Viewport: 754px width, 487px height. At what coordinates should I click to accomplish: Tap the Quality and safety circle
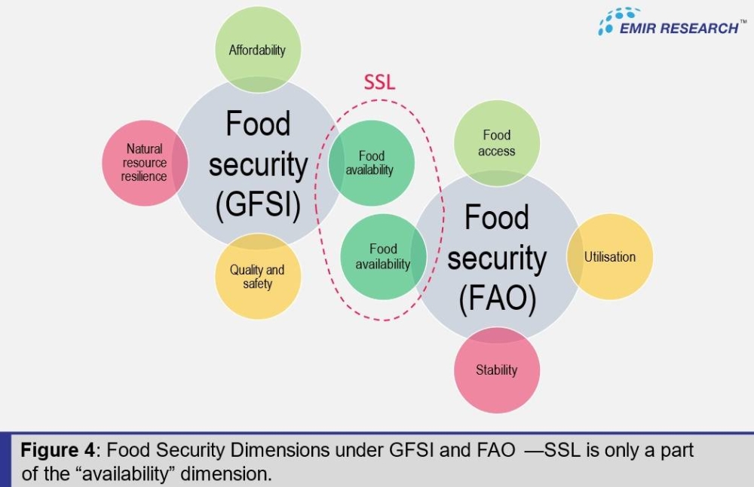(x=257, y=277)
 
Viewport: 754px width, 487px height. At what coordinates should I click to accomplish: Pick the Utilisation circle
(x=609, y=257)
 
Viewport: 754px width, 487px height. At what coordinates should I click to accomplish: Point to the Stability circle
(x=496, y=369)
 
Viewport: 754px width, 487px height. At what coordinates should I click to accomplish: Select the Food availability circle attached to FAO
(x=382, y=256)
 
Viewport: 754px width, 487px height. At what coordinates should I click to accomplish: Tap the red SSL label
(x=379, y=82)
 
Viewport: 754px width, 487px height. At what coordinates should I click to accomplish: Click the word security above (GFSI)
(x=258, y=164)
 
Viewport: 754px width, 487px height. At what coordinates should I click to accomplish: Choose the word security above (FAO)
(x=497, y=258)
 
